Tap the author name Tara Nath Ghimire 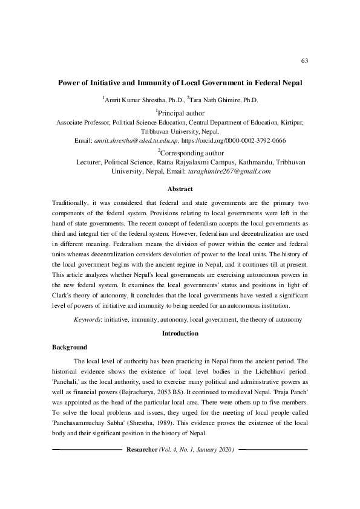pyautogui.click(x=215, y=99)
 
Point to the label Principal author pyautogui.click(x=181, y=112)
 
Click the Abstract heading pyautogui.click(x=180, y=189)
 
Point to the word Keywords pyautogui.click(x=87, y=318)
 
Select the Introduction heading pyautogui.click(x=180, y=333)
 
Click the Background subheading pyautogui.click(x=70, y=348)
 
